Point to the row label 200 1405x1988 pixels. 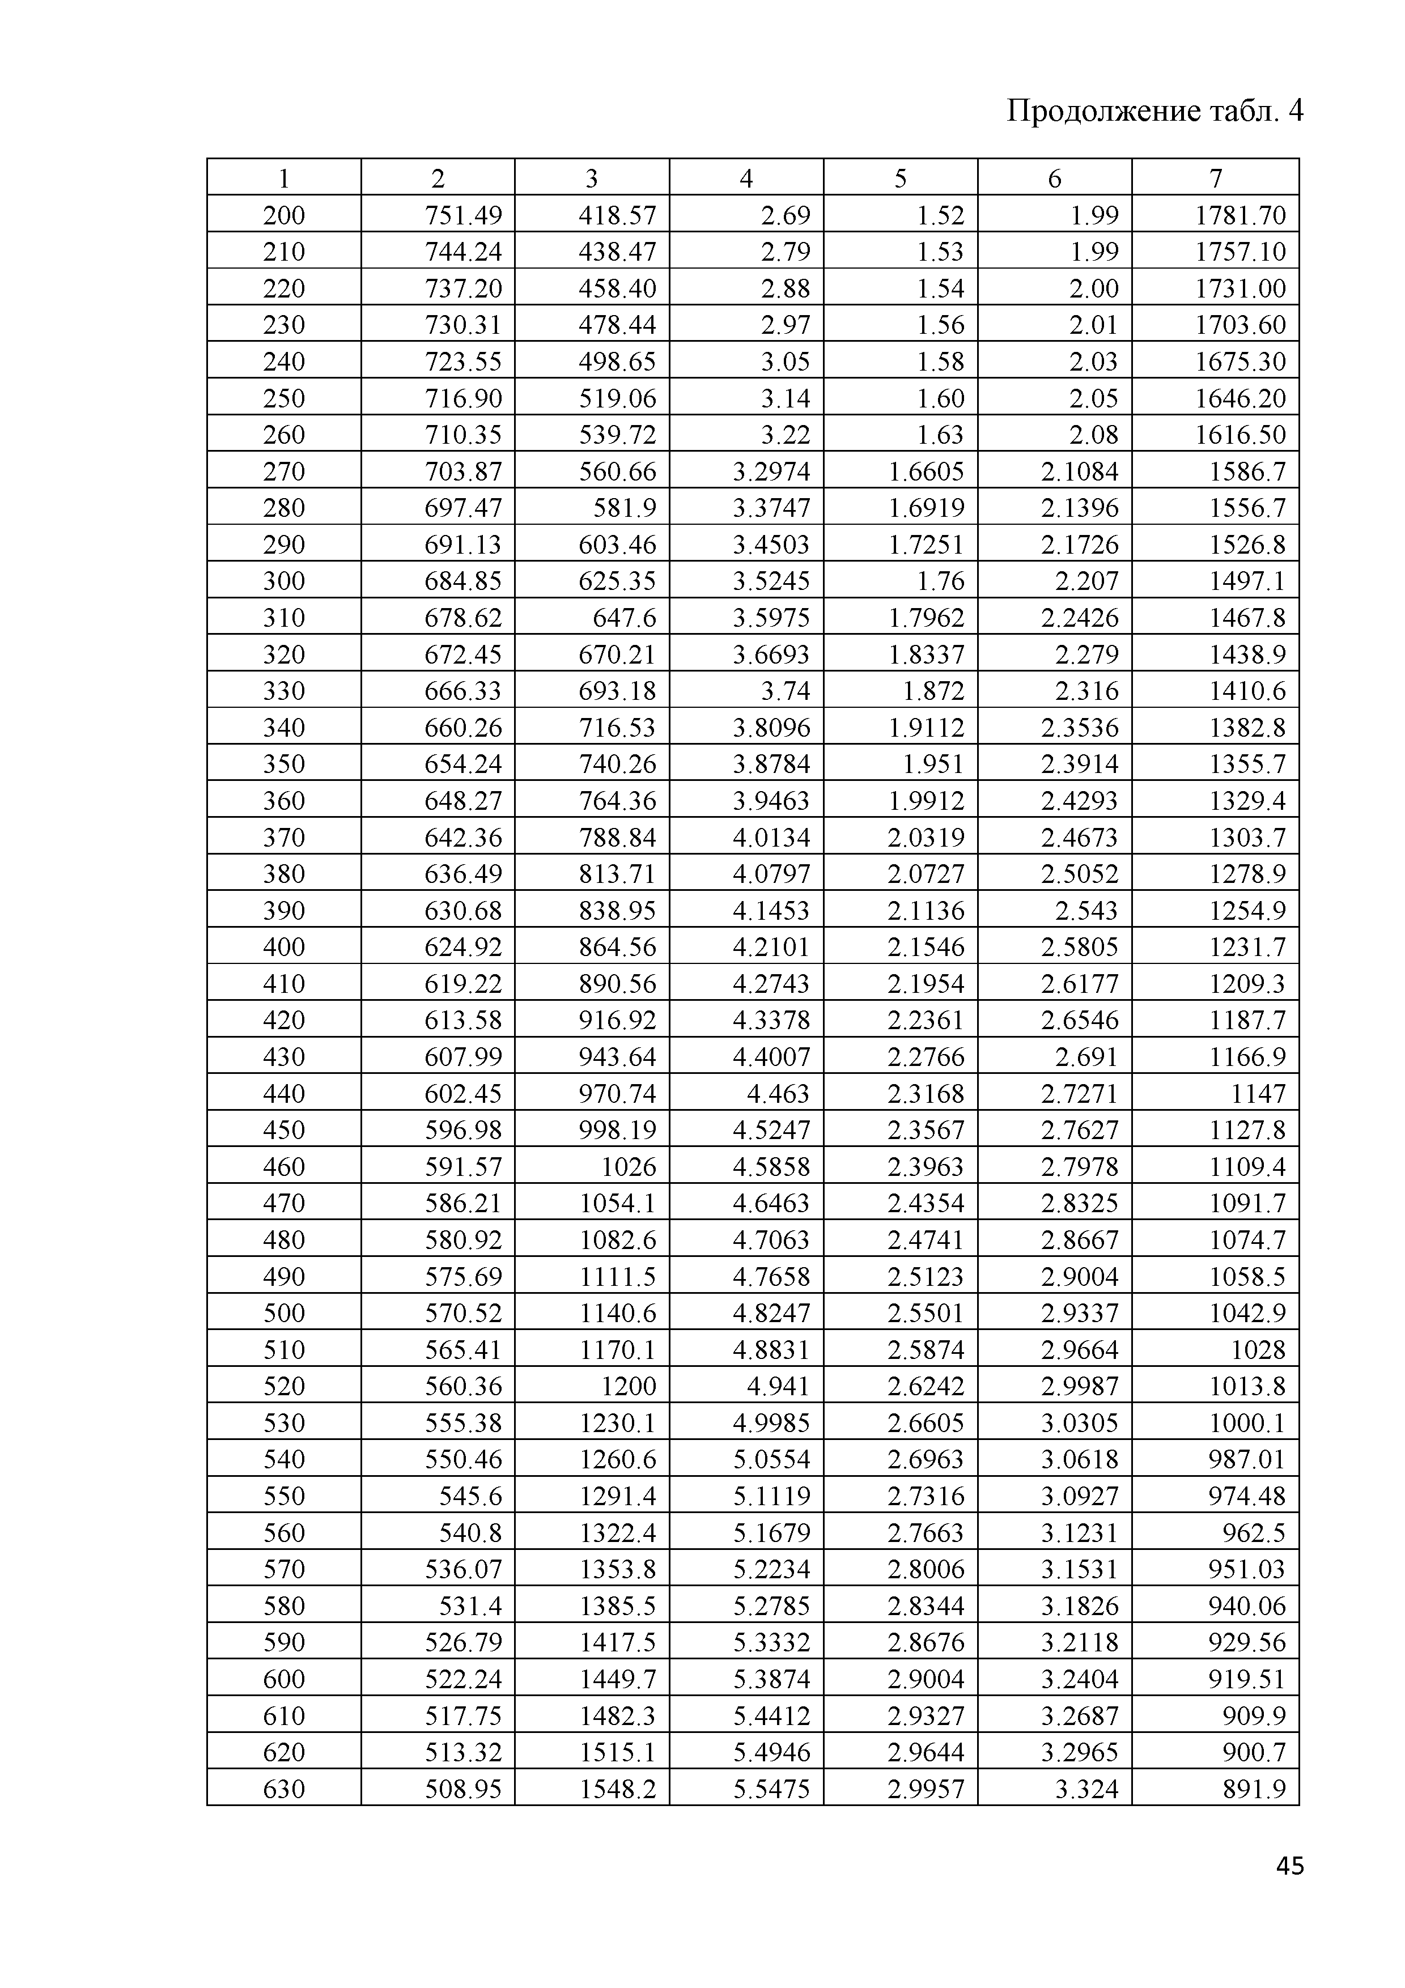[284, 215]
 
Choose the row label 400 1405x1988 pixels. [284, 947]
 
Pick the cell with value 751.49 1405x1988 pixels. [463, 215]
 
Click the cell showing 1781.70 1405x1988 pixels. [1241, 215]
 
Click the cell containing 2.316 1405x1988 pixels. [1086, 691]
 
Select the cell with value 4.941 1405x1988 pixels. [778, 1386]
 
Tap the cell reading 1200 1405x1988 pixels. [629, 1386]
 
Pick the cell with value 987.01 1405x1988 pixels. [1246, 1460]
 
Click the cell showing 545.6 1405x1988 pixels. [471, 1496]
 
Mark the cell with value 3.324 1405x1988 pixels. [1086, 1789]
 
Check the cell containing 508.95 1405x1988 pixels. [463, 1789]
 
